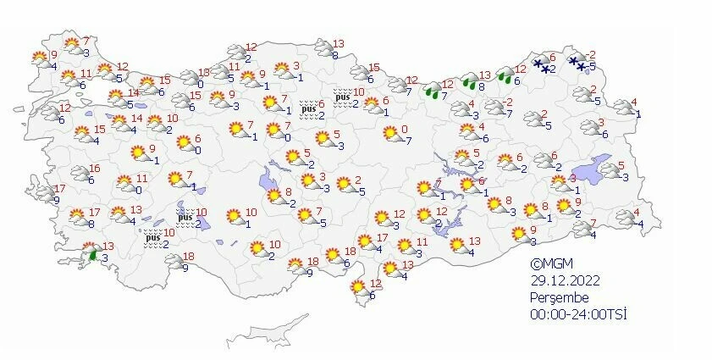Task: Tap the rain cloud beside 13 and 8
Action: tap(468, 83)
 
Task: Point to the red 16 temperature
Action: tap(94, 169)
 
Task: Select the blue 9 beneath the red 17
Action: tap(56, 200)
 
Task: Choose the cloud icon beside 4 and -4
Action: tap(625, 219)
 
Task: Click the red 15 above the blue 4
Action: tap(100, 129)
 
